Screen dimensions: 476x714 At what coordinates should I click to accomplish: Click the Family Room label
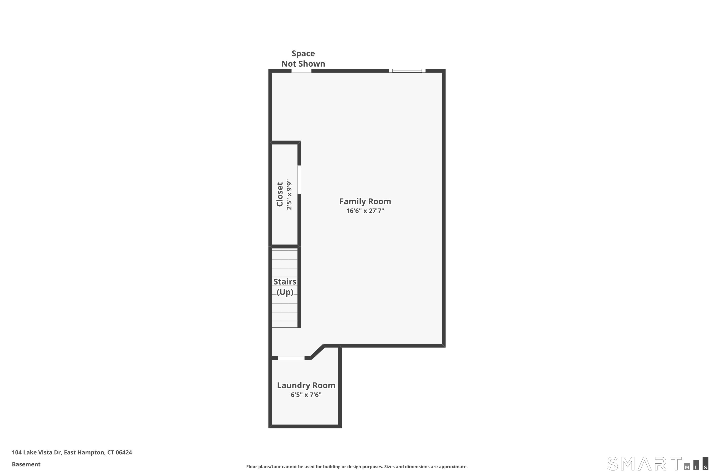pyautogui.click(x=365, y=201)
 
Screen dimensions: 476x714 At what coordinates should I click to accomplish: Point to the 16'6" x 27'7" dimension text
pyautogui.click(x=365, y=211)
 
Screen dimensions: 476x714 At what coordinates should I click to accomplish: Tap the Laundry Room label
pyautogui.click(x=306, y=385)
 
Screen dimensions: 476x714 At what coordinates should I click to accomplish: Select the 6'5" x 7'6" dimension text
pyautogui.click(x=306, y=395)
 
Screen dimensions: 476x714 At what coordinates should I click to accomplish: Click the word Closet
pyautogui.click(x=280, y=194)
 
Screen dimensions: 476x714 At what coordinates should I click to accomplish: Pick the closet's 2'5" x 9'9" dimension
pyautogui.click(x=289, y=194)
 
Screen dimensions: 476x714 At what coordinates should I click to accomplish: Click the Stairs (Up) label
pyautogui.click(x=285, y=287)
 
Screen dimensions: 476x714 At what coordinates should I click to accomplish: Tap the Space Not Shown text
pyautogui.click(x=303, y=59)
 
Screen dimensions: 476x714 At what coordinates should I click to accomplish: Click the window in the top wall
pyautogui.click(x=407, y=71)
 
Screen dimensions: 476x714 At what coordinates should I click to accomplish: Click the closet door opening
pyautogui.click(x=299, y=180)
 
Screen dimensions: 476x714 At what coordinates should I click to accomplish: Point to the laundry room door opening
pyautogui.click(x=291, y=358)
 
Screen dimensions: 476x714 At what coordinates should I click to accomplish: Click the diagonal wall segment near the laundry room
pyautogui.click(x=317, y=352)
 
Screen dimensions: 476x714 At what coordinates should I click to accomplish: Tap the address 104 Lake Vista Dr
pyautogui.click(x=36, y=452)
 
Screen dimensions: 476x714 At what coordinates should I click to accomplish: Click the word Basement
pyautogui.click(x=26, y=464)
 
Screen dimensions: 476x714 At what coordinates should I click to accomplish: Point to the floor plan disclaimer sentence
pyautogui.click(x=357, y=466)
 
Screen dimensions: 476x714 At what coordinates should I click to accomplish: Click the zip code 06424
pyautogui.click(x=124, y=452)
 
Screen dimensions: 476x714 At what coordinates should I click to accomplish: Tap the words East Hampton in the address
pyautogui.click(x=84, y=452)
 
